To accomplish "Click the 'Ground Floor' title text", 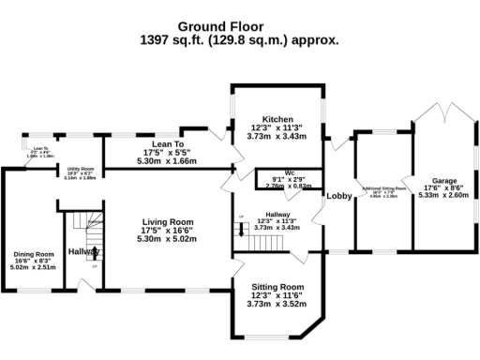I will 239,27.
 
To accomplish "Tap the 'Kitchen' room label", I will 279,120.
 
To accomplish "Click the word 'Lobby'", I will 338,195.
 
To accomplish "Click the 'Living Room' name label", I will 168,221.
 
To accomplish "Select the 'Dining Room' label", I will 33,254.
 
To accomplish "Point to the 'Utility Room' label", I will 82,169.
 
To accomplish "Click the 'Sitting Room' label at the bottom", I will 278,286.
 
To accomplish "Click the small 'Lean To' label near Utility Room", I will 38,148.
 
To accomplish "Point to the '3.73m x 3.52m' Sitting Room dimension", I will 278,304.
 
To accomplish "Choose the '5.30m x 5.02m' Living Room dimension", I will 167,238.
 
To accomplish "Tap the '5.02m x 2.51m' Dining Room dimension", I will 33,266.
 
